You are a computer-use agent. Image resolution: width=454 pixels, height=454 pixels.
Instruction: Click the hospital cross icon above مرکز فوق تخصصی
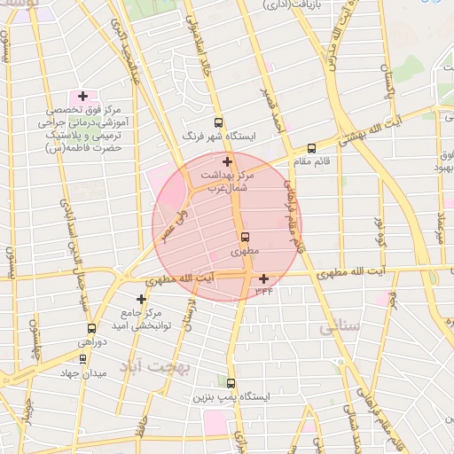pos(82,96)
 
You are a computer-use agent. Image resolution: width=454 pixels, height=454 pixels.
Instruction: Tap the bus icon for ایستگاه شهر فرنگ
pos(219,123)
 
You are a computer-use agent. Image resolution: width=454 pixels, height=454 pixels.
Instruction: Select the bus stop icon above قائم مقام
pos(311,149)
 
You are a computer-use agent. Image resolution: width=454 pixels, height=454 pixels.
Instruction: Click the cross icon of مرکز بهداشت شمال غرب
pos(228,161)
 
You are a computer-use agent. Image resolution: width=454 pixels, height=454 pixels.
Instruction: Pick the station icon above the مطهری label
pos(245,237)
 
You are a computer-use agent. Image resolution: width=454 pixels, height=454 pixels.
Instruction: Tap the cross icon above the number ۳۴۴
pos(263,278)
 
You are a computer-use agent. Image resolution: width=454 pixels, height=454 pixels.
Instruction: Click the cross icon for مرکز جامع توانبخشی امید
pos(141,299)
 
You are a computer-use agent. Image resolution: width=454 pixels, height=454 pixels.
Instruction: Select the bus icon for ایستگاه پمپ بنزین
pos(231,384)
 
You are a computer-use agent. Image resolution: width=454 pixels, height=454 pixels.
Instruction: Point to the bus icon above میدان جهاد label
pos(82,359)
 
